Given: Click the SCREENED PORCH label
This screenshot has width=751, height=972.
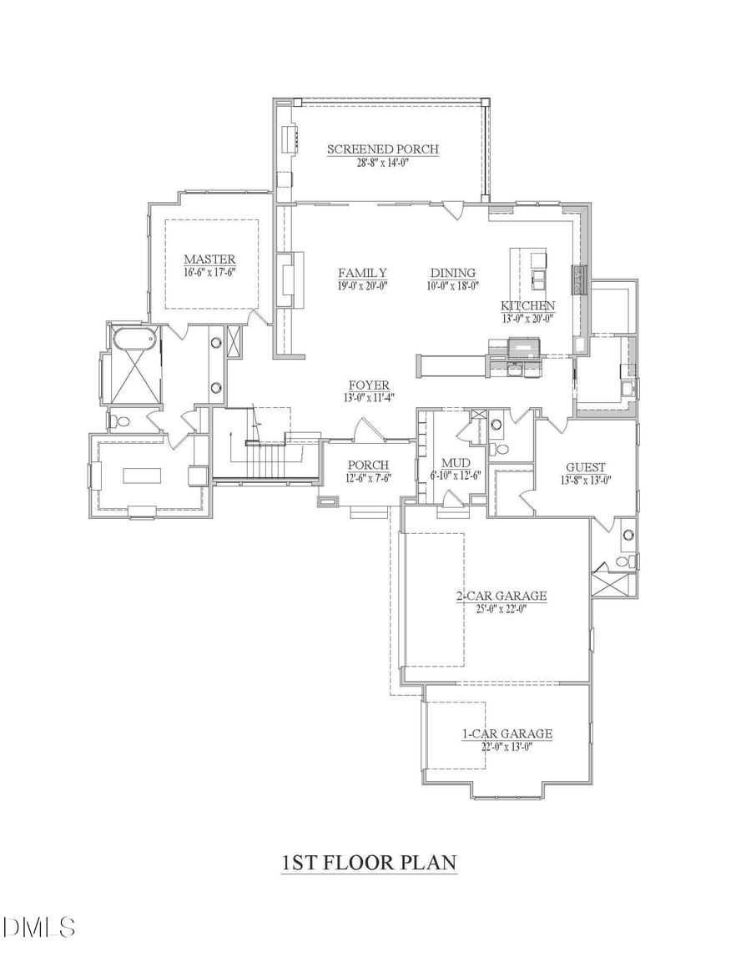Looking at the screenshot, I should pyautogui.click(x=382, y=149).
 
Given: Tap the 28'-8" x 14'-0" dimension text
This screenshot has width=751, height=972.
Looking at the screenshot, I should pyautogui.click(x=382, y=163).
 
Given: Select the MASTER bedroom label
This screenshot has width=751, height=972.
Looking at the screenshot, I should pyautogui.click(x=209, y=259).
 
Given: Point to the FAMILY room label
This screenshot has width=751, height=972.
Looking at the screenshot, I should pyautogui.click(x=361, y=273).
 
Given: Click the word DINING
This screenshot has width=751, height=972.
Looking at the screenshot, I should pyautogui.click(x=452, y=273).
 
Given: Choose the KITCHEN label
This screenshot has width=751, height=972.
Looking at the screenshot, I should pyautogui.click(x=527, y=305).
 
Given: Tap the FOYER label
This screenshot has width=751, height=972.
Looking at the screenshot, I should pyautogui.click(x=369, y=385).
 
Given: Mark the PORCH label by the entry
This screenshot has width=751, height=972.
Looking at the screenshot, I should pyautogui.click(x=368, y=465).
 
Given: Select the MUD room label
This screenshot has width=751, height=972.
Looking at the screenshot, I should pyautogui.click(x=456, y=463).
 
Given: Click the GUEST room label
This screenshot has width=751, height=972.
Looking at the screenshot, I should pyautogui.click(x=585, y=467).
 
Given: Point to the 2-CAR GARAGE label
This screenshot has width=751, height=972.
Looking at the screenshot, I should pyautogui.click(x=501, y=596).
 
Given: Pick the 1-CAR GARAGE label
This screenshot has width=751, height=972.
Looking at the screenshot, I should pyautogui.click(x=507, y=734).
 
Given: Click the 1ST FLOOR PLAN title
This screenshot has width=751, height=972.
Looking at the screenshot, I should pyautogui.click(x=369, y=862).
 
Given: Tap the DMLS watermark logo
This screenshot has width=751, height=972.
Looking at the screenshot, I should pyautogui.click(x=38, y=927).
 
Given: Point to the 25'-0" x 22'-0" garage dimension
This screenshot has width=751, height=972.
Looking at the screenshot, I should pyautogui.click(x=501, y=608).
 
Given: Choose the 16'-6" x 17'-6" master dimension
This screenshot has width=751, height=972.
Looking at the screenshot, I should pyautogui.click(x=209, y=272).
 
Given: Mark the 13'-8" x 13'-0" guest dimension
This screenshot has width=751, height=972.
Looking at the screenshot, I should pyautogui.click(x=585, y=480).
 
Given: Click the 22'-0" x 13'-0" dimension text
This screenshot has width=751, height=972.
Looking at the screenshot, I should pyautogui.click(x=507, y=747).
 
